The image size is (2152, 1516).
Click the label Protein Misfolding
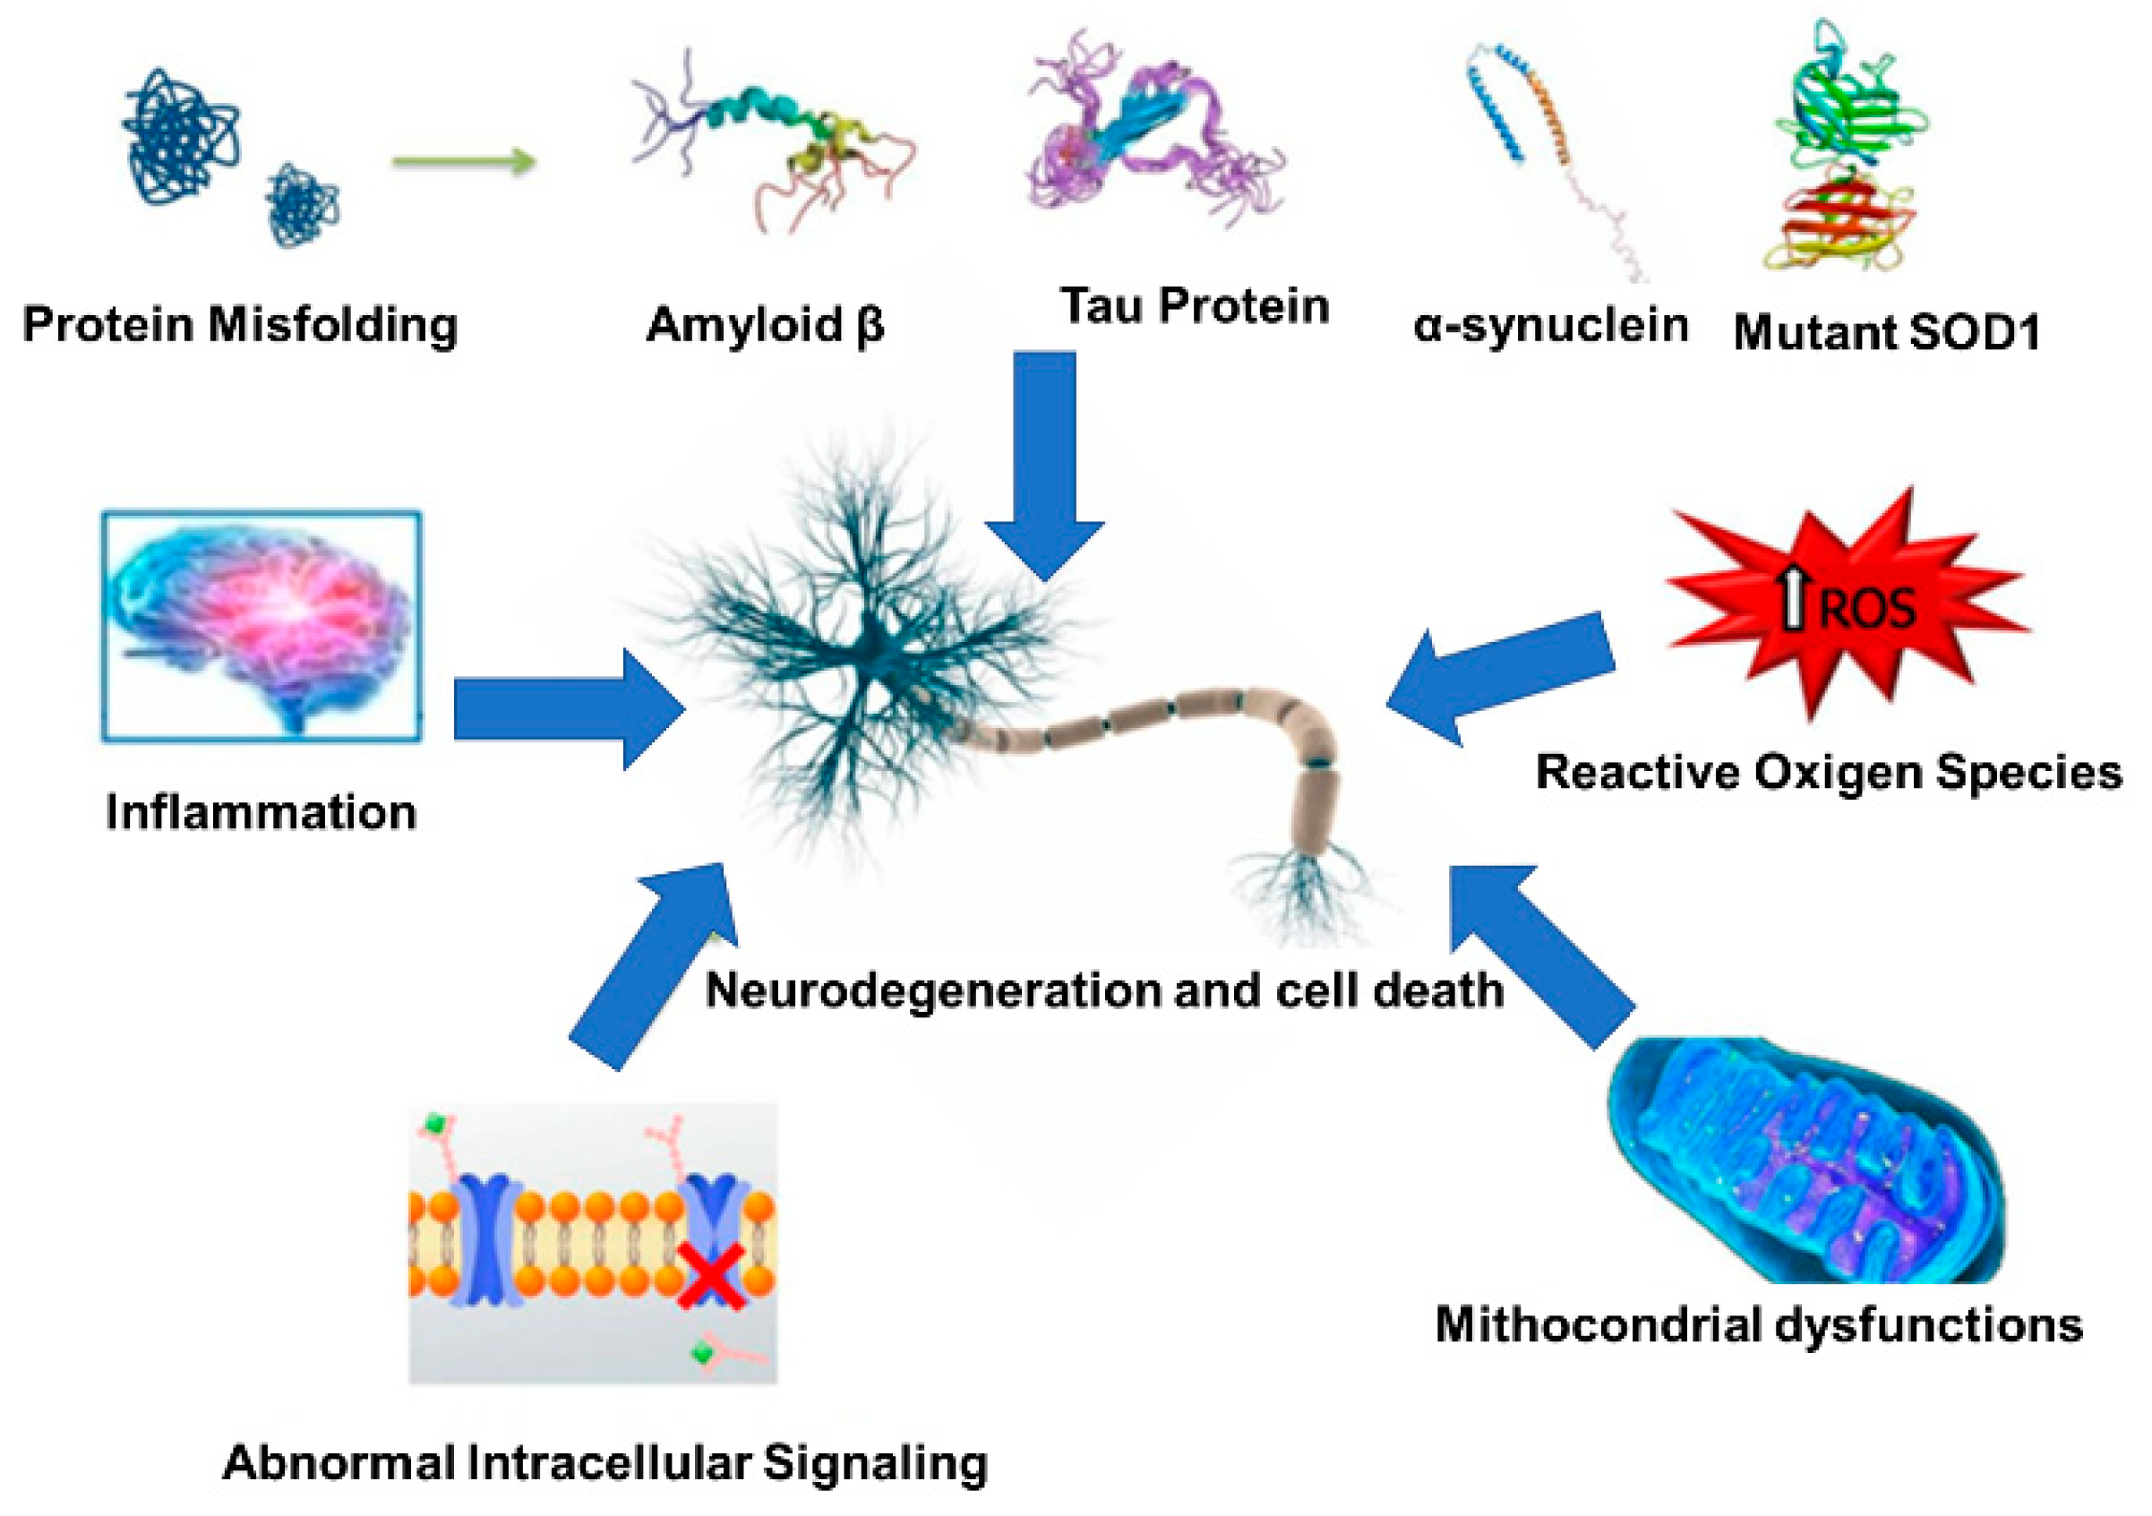[x=240, y=326]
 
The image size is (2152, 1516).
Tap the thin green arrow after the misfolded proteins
[x=463, y=162]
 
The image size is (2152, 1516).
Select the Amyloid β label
[x=765, y=326]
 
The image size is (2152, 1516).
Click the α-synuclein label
[x=1551, y=326]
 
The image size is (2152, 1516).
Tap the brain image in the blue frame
[x=261, y=626]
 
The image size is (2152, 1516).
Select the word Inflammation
[x=261, y=811]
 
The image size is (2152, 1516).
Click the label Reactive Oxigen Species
[x=1829, y=773]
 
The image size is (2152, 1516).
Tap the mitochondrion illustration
[x=1805, y=1161]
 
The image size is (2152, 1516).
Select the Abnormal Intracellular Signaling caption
[x=604, y=1462]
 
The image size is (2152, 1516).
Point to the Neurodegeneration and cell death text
[x=1104, y=990]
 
